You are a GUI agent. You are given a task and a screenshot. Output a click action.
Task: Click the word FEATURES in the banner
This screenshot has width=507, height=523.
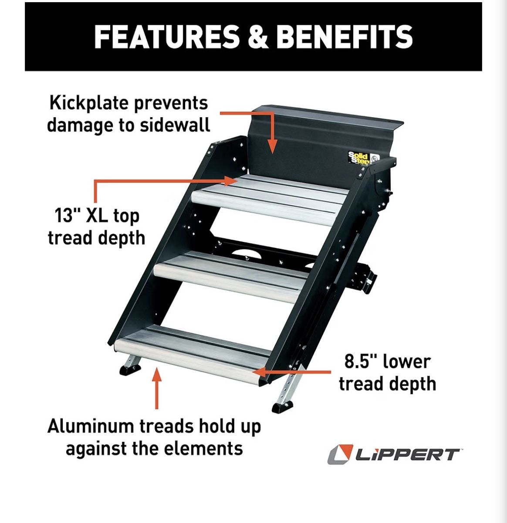coord(167,37)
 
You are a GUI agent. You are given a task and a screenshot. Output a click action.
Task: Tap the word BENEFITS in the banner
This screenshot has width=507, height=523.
coord(345,37)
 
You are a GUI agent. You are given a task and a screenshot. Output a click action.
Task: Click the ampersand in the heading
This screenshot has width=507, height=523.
coord(258,37)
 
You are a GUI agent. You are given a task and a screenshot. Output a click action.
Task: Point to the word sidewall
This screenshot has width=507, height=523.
coord(175,125)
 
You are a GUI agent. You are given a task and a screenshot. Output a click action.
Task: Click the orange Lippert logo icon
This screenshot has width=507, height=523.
coord(340,454)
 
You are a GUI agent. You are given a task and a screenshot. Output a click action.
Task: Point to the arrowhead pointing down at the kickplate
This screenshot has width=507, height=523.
coord(273,146)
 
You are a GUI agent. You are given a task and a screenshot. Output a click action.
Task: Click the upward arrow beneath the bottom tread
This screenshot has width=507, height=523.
coord(157,388)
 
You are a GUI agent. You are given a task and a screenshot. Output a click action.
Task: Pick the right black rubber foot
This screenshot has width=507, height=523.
coord(282,407)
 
